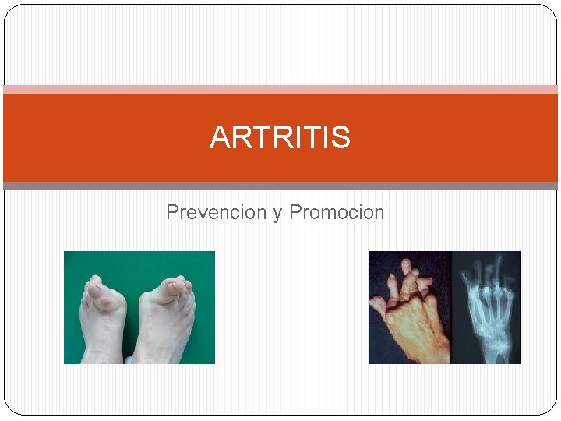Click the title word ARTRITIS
[280, 138]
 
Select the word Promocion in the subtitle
[337, 212]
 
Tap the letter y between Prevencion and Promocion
[277, 213]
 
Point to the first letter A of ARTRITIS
[219, 138]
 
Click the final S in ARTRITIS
[342, 138]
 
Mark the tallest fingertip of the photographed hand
[406, 264]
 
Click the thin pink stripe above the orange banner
[280, 90]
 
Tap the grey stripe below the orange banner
[280, 186]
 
